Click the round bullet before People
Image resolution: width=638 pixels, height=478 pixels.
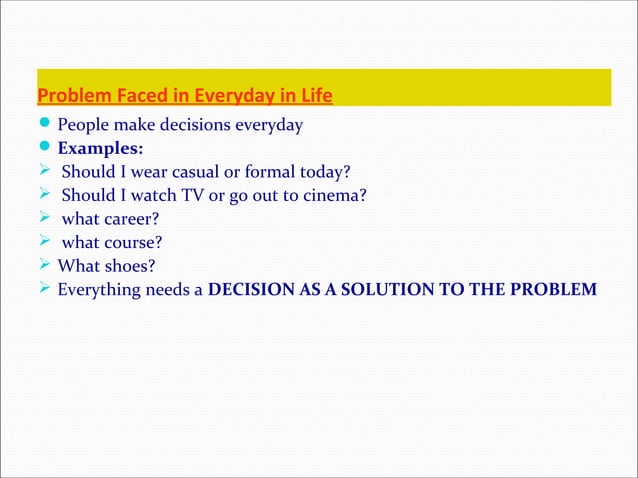[45, 125]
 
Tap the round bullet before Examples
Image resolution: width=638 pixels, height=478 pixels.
[45, 149]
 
